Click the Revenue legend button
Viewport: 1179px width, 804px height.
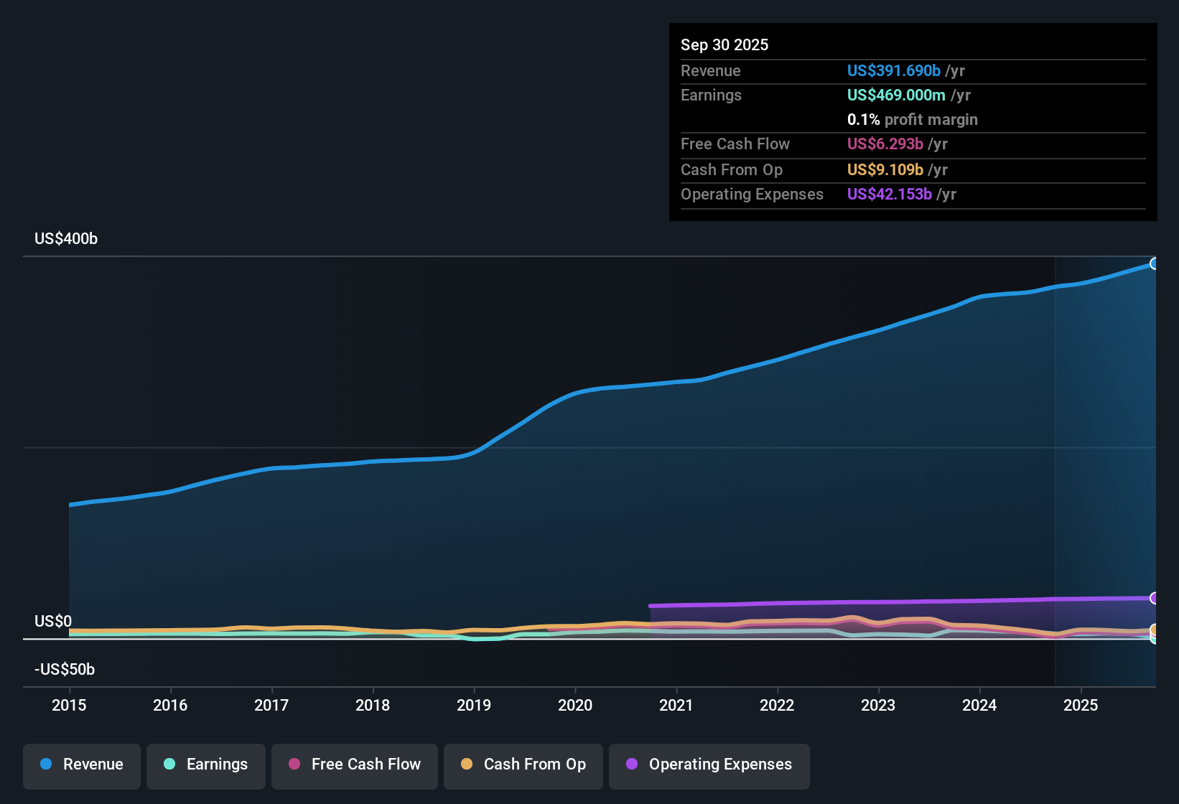[82, 765]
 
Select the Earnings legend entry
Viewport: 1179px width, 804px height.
[206, 765]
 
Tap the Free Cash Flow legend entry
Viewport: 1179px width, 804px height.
[355, 765]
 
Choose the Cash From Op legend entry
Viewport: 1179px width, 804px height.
[523, 765]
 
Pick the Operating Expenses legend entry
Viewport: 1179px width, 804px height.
[709, 765]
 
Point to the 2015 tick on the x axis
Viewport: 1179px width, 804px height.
[69, 705]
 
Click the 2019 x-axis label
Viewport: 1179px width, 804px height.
[474, 705]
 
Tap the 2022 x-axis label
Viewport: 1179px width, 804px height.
[777, 705]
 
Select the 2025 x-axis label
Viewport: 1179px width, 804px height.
[1081, 705]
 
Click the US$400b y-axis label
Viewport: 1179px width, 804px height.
[66, 239]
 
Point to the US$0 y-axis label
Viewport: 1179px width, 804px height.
[53, 622]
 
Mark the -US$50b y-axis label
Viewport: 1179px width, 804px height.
[65, 670]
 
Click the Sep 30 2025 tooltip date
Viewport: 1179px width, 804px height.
[724, 45]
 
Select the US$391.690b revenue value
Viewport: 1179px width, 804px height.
[893, 71]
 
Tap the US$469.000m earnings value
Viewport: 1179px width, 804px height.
[895, 95]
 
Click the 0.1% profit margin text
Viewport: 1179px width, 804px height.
[912, 120]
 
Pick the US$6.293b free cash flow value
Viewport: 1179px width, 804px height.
[885, 144]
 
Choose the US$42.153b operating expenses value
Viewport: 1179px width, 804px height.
[889, 195]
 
